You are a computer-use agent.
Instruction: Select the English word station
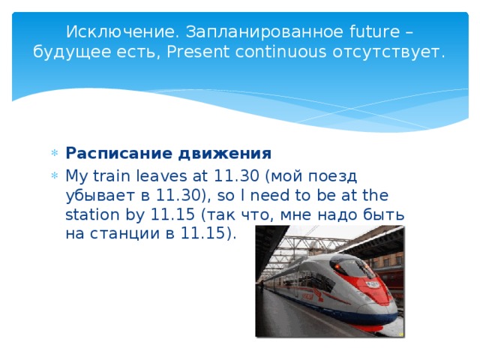click(x=94, y=214)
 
